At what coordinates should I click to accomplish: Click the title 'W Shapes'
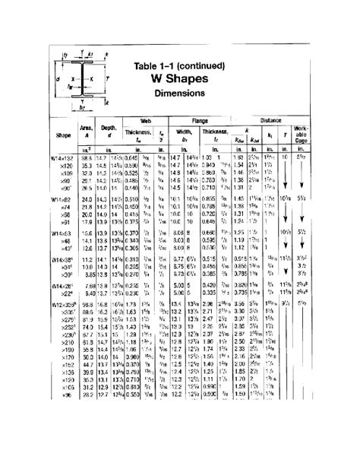179,79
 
